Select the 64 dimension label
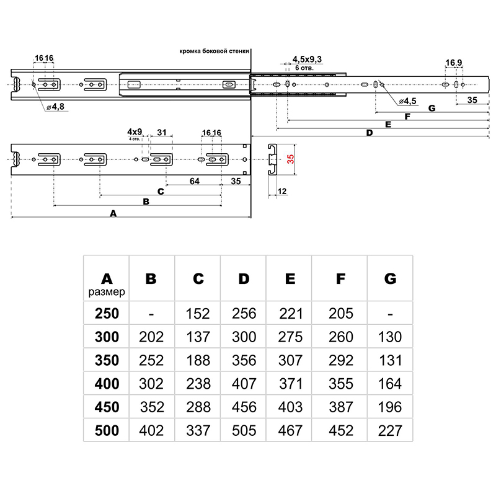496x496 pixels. [x=195, y=181]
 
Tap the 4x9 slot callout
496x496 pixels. [x=135, y=132]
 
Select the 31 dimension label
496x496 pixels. [x=161, y=132]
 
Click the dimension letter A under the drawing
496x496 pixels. [x=112, y=213]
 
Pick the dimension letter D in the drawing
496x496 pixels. [x=369, y=133]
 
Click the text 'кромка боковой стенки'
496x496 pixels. [x=215, y=53]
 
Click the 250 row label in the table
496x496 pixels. [x=107, y=314]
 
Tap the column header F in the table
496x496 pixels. [x=340, y=278]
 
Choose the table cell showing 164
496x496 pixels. [x=389, y=384]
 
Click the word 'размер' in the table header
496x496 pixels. [x=107, y=291]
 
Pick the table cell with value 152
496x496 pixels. [x=198, y=314]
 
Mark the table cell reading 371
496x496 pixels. [x=290, y=384]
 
